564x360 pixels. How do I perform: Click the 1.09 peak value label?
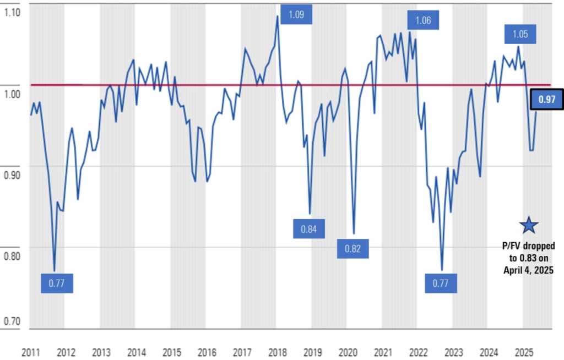pos(296,14)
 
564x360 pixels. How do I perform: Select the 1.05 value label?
pos(519,34)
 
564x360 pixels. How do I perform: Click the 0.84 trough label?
pos(308,228)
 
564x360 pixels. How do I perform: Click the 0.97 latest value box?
pos(546,100)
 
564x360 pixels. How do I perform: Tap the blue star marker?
pos(529,225)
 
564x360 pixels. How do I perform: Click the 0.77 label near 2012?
pos(57,283)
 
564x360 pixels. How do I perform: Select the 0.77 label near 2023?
pos(441,284)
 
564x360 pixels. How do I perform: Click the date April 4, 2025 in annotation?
pos(528,270)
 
